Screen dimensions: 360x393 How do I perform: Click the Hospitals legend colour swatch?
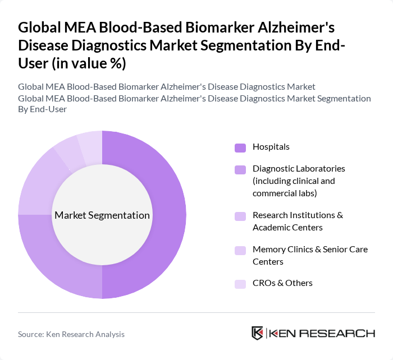[240, 147]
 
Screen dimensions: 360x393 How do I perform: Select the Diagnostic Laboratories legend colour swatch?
[240, 169]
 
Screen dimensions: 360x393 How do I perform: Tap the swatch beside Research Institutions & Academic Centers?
[240, 216]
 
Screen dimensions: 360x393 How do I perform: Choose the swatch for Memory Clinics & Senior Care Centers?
[240, 250]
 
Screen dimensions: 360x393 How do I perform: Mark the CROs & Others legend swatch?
[240, 284]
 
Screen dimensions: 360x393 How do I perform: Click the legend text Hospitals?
[271, 147]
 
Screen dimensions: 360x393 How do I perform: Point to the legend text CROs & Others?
[282, 283]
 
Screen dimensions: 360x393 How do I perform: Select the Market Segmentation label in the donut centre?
[102, 215]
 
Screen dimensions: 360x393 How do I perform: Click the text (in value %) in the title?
[89, 64]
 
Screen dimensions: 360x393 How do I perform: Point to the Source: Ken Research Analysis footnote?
[71, 334]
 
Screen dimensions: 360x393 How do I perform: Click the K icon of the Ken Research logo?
[258, 333]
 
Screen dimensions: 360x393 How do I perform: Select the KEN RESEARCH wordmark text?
[322, 333]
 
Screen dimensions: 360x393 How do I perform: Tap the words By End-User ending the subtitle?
[43, 109]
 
